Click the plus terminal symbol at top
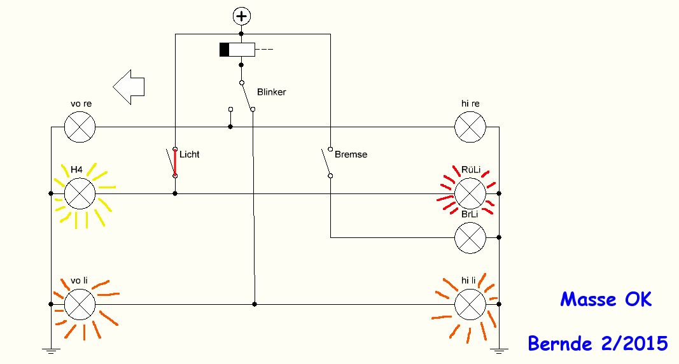(241, 16)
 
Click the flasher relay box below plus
(237, 50)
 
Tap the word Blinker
(271, 92)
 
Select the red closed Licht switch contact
(174, 162)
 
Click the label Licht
(190, 154)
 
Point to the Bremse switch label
(351, 154)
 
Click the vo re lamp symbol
(80, 126)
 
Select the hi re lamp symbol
(470, 126)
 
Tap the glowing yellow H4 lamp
(80, 193)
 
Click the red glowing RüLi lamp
(470, 193)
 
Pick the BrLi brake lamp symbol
(470, 237)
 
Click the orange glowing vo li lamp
(80, 304)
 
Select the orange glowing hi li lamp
(470, 304)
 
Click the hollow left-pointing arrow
(129, 86)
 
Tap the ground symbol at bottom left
(51, 349)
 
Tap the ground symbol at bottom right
(500, 349)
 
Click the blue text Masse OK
(606, 299)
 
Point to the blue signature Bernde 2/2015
(598, 344)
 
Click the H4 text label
(76, 169)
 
